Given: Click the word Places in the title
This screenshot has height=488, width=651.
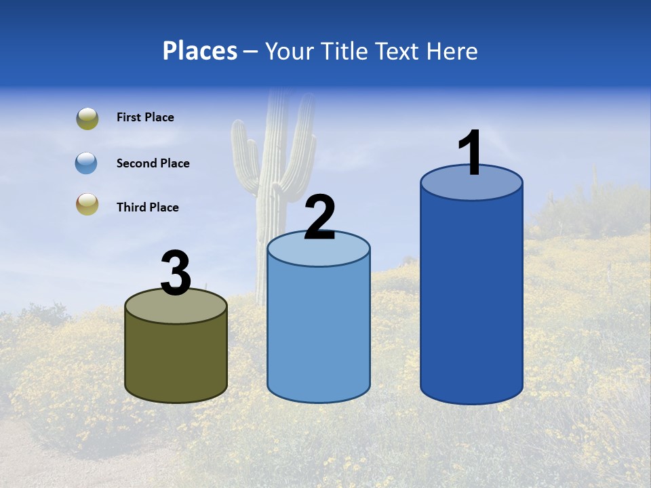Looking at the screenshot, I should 200,51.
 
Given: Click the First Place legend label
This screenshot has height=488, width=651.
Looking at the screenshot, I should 145,117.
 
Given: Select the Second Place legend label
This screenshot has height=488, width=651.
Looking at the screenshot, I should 153,163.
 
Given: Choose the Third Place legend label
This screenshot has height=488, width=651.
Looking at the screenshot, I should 147,207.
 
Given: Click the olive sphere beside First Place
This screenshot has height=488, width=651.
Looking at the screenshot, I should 87,119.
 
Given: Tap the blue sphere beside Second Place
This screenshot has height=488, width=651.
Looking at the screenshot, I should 87,163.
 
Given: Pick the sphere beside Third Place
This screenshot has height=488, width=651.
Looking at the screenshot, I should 87,204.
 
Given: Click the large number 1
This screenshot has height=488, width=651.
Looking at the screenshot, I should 470,152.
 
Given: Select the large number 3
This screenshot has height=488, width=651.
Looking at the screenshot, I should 176,273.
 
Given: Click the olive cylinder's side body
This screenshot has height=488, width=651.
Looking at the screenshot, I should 176,359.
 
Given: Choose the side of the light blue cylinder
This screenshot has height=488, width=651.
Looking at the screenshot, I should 319,332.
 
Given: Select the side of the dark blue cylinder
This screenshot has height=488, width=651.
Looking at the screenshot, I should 471,298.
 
